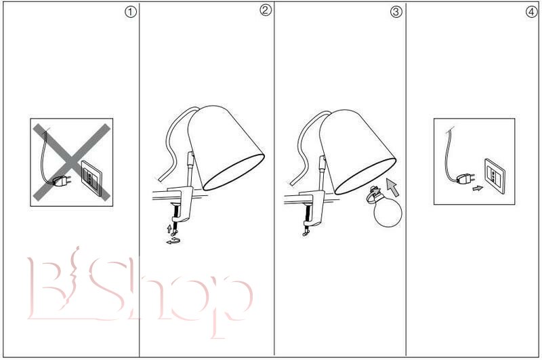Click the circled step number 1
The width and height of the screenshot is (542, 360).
(130, 12)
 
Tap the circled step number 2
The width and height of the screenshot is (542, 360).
(265, 10)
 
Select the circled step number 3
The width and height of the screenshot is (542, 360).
(396, 12)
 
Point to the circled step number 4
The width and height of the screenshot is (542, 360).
(532, 12)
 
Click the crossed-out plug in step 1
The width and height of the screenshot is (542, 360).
(62, 180)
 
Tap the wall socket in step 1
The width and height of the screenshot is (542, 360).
(91, 178)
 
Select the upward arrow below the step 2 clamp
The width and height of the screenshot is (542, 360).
(169, 228)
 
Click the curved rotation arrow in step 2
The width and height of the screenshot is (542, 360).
(174, 241)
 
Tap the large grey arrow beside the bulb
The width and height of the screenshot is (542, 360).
(393, 187)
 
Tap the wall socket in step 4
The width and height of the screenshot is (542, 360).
(495, 176)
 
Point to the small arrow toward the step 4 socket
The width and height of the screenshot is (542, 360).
(478, 188)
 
